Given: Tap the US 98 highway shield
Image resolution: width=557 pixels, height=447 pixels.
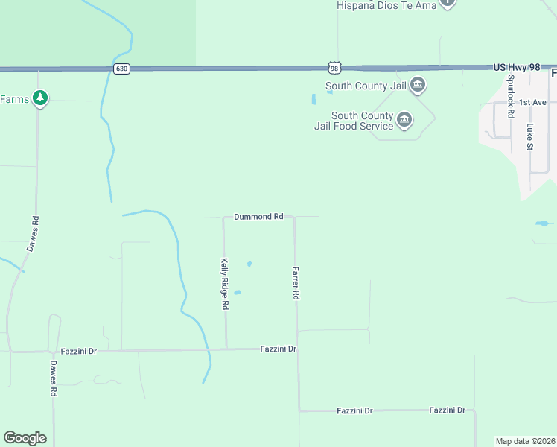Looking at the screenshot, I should coord(334,68).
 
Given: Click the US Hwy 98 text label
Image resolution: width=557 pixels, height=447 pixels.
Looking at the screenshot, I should coord(516,67).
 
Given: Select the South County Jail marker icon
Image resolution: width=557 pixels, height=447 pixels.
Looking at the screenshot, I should coord(417,86).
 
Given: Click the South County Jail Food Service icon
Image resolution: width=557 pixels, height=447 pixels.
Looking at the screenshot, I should coord(404,119).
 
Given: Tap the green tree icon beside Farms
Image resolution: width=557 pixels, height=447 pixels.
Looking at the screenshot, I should coord(40,98).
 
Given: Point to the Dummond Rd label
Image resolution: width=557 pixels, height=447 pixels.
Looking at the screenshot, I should coord(258,217).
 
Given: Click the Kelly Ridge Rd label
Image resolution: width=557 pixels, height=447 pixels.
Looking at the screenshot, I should coord(224,284).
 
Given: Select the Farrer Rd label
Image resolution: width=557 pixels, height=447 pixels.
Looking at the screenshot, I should coord(296,284).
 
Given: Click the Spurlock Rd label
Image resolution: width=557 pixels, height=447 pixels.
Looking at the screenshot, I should coord(511,96).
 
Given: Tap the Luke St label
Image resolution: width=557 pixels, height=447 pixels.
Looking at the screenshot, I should coord(530,136).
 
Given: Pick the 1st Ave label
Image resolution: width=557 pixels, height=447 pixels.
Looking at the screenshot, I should coord(533,102).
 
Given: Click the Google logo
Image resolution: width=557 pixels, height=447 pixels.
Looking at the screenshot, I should coord(25,437).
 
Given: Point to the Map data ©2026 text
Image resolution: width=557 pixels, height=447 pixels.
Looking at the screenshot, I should coord(525,440).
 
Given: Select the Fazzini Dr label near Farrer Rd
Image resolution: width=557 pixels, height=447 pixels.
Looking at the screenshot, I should coord(278,349).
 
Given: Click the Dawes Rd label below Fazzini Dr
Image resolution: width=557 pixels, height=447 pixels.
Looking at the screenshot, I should coord(54,378).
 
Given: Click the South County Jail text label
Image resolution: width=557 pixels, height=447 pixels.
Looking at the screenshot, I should coord(365,86).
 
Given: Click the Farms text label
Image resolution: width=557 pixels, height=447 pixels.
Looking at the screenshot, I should coord(14,99).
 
